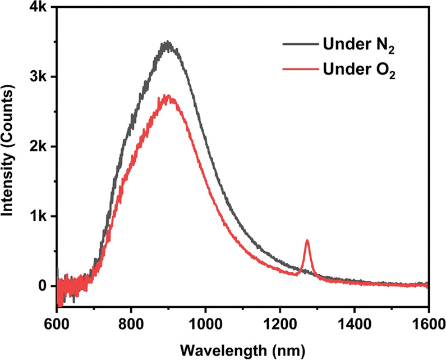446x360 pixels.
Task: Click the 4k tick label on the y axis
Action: pos(39,7)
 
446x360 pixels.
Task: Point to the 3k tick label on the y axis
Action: pos(39,77)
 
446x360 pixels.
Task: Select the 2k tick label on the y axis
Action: pos(39,147)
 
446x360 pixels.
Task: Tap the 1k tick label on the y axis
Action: pos(39,216)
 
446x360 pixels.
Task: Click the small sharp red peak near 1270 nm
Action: pos(307,241)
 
